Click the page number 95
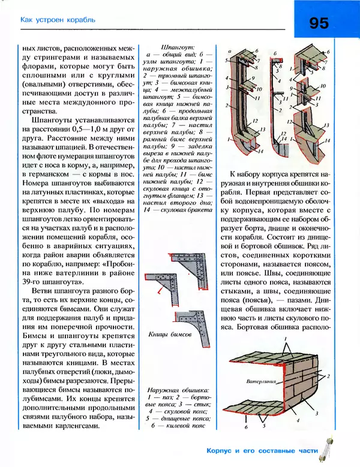pyautogui.click(x=319, y=23)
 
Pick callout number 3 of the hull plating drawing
pyautogui.click(x=316, y=414)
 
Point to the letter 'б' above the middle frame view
pyautogui.click(x=275, y=53)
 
